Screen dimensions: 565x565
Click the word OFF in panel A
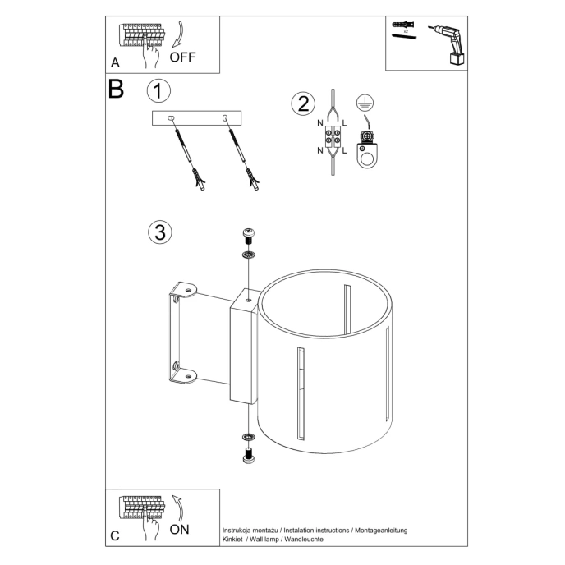point(184,57)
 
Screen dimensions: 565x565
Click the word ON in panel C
point(179,529)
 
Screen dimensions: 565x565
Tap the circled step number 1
point(159,90)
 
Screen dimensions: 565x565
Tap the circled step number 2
point(303,103)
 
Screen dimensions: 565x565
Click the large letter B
point(116,89)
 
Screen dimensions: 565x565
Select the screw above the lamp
point(248,236)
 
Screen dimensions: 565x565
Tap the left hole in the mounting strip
point(172,120)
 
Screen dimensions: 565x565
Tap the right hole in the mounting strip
point(225,120)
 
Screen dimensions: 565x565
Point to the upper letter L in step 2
point(344,123)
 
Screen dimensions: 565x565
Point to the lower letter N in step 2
point(320,150)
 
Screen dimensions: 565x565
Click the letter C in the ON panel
point(114,535)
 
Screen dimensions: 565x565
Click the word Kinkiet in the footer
point(235,540)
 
